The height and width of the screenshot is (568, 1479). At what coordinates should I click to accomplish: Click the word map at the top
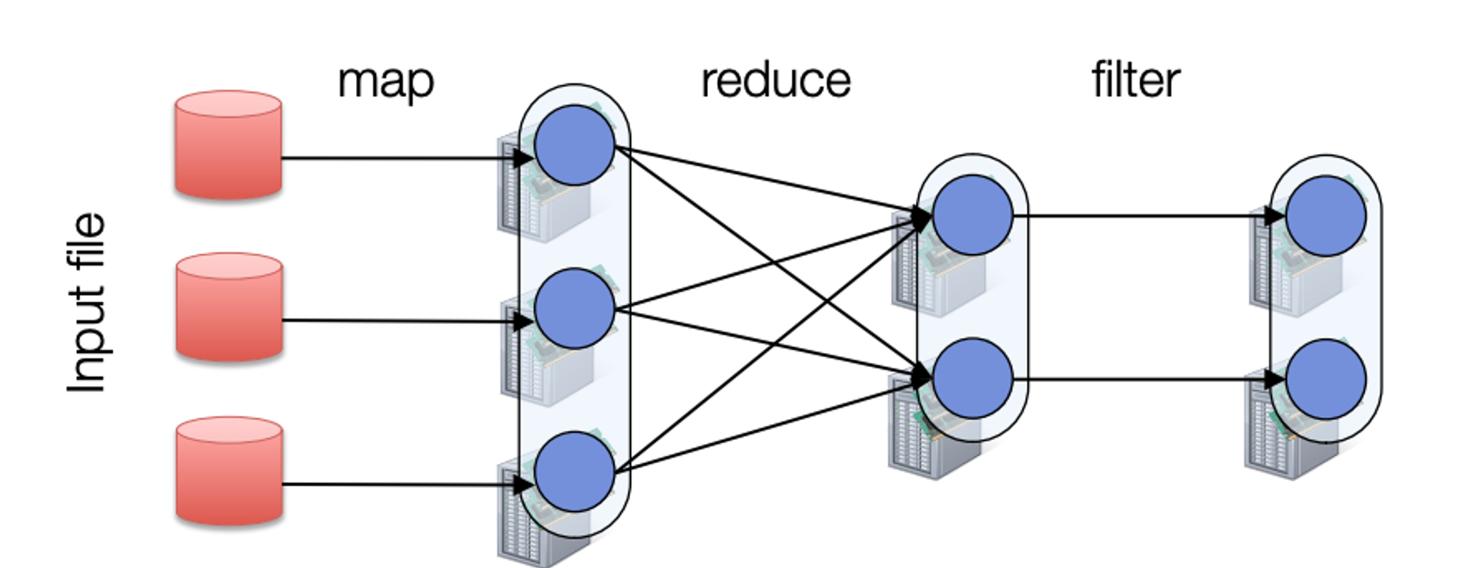click(x=386, y=81)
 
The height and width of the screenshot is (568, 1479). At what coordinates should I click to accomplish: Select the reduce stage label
click(x=776, y=80)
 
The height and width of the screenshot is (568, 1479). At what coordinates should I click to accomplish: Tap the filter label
click(x=1135, y=80)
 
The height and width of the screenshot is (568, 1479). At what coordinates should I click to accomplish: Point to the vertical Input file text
click(x=86, y=303)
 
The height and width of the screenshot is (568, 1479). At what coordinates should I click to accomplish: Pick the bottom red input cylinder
click(x=229, y=471)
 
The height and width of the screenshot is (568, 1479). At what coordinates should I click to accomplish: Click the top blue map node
click(x=575, y=145)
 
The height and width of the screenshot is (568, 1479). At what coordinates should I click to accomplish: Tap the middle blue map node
click(x=575, y=308)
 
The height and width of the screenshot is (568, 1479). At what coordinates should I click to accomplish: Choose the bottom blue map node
click(x=575, y=472)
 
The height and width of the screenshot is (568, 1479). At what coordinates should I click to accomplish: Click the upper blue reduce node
click(x=972, y=215)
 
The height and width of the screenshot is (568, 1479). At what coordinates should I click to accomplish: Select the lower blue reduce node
click(x=972, y=378)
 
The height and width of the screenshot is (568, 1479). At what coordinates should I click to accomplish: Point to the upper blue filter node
click(x=1326, y=216)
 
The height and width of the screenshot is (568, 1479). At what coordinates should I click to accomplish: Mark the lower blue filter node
click(x=1326, y=379)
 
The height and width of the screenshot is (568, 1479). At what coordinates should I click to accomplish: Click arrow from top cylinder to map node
click(x=401, y=159)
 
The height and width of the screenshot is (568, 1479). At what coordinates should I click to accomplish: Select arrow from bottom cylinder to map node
click(x=401, y=484)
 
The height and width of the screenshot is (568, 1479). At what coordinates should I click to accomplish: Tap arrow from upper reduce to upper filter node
click(x=1140, y=217)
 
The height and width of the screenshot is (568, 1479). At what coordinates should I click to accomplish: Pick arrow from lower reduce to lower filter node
click(x=1140, y=379)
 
